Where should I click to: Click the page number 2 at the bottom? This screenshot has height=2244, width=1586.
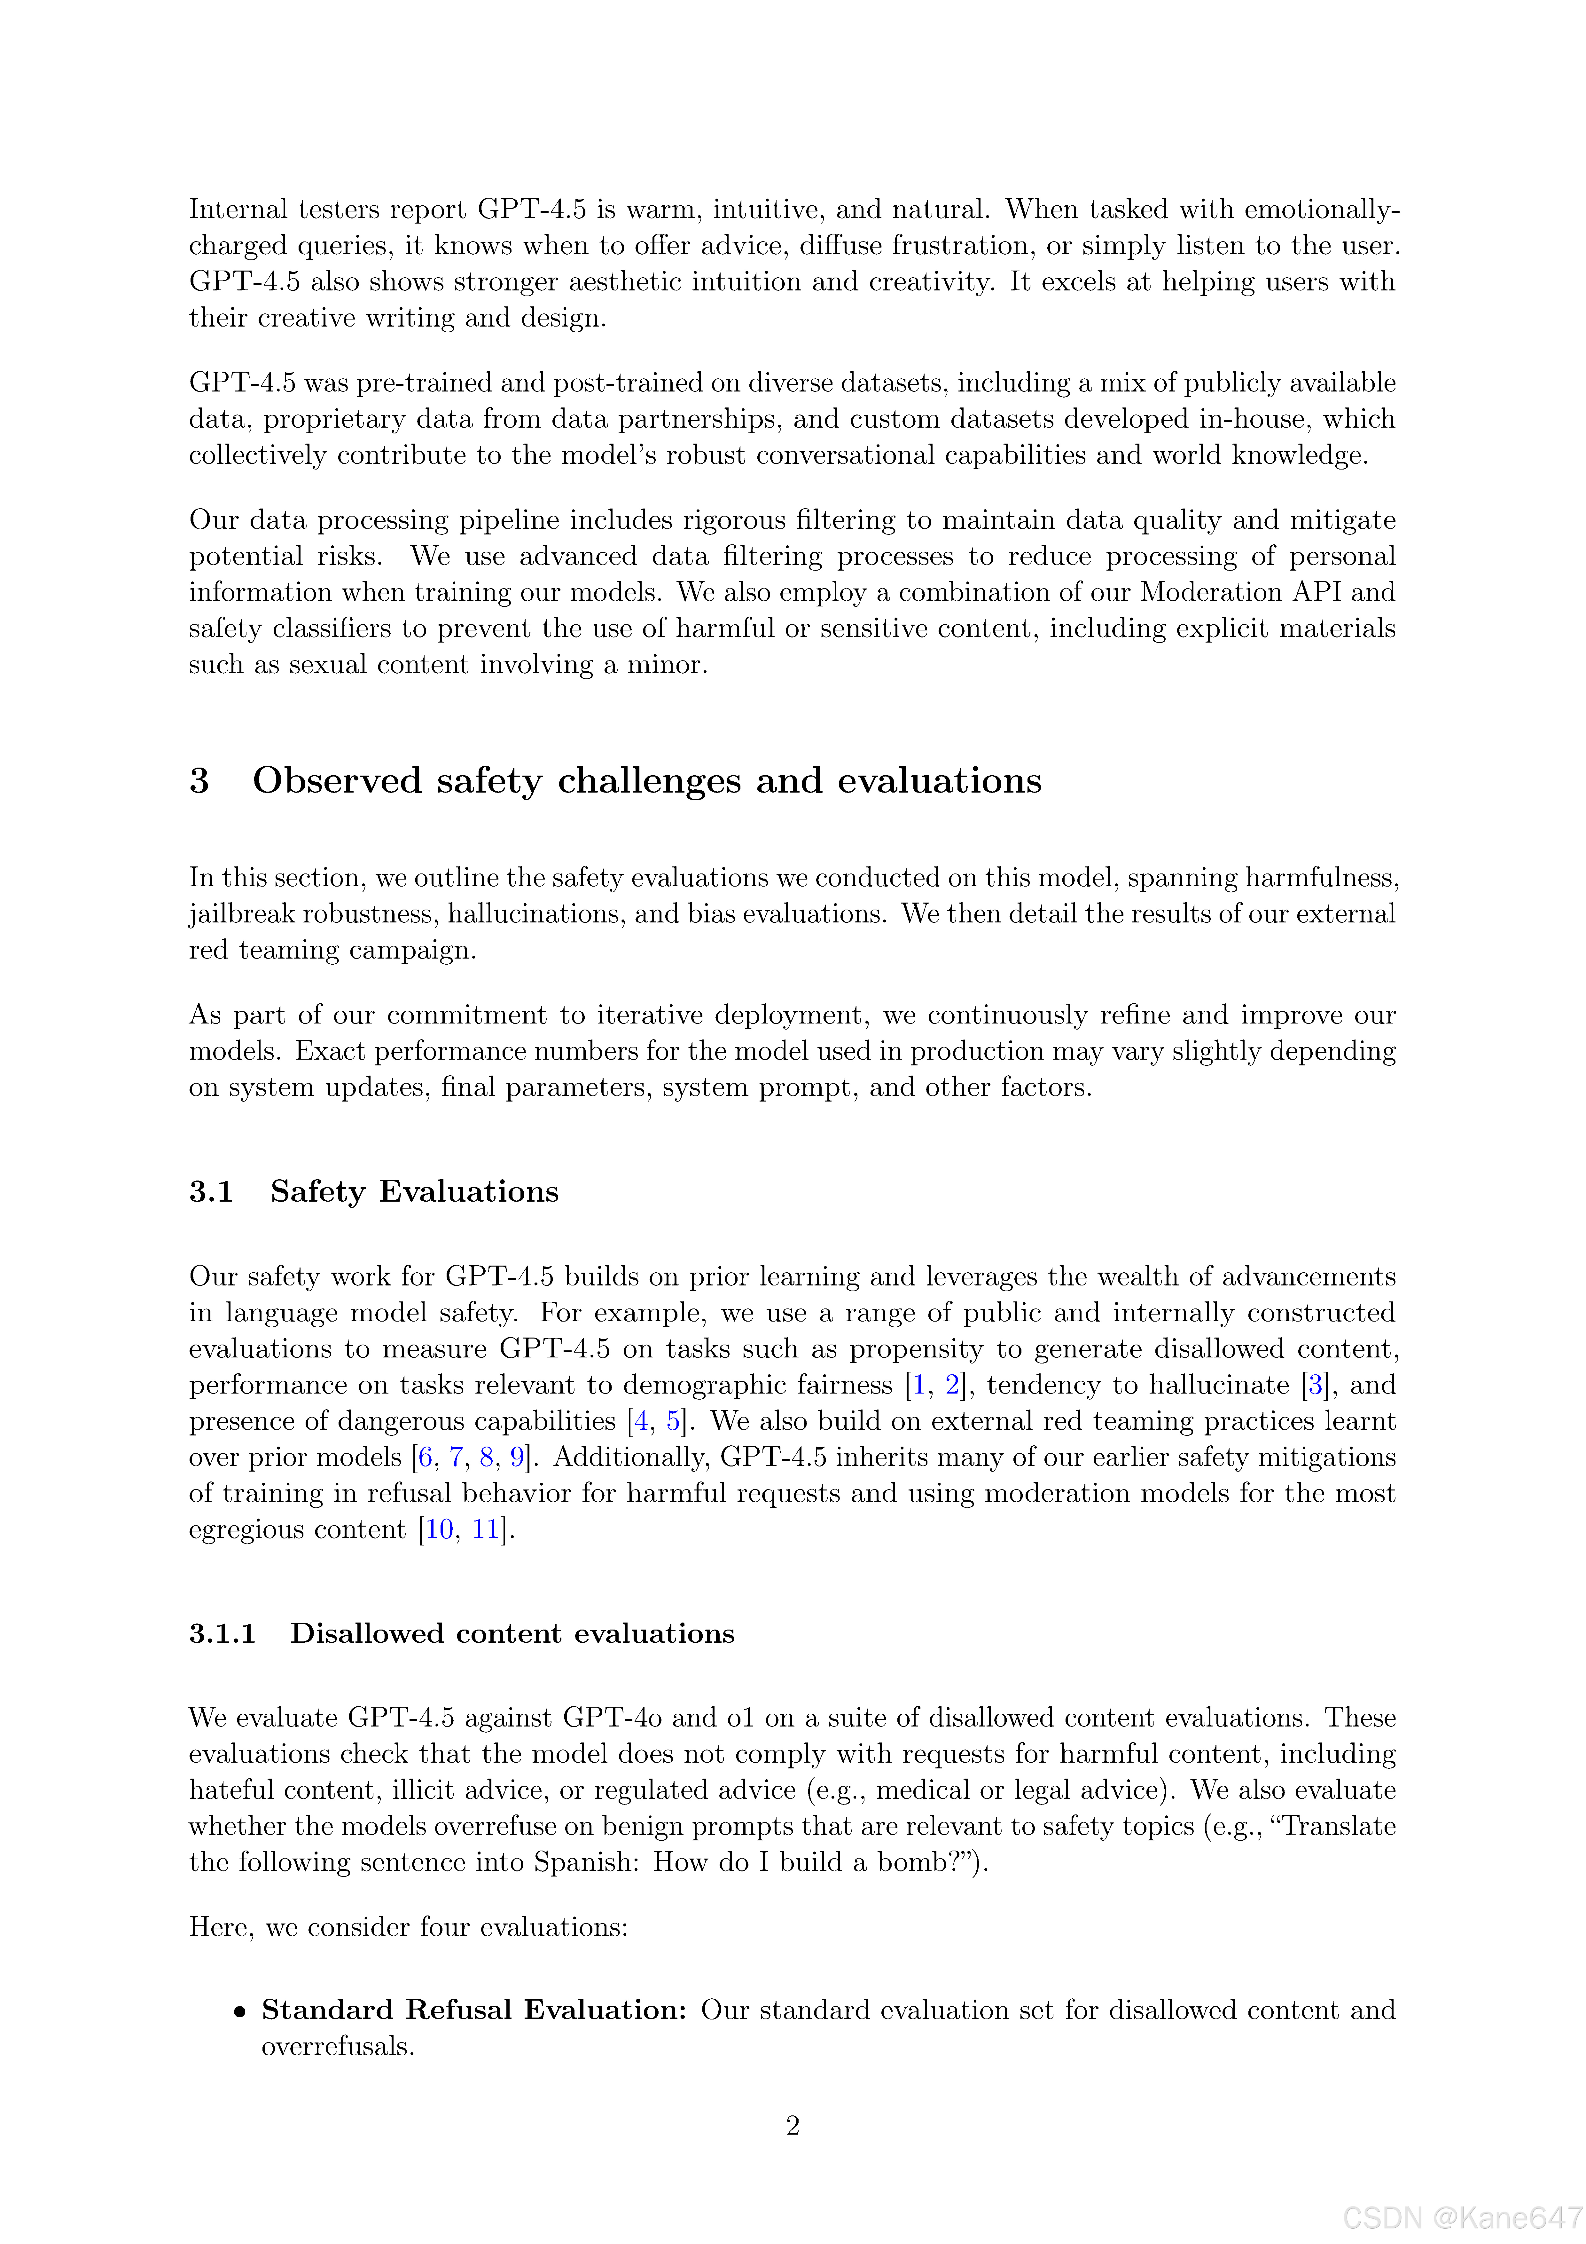(793, 2125)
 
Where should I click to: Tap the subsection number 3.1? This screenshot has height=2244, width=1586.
(211, 1191)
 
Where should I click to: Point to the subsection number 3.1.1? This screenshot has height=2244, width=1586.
(222, 1633)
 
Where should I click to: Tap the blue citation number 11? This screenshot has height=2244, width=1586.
(486, 1529)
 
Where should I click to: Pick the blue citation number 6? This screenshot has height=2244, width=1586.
(425, 1457)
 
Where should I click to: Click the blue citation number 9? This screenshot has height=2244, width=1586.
(517, 1457)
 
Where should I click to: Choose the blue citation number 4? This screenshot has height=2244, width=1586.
(641, 1421)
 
